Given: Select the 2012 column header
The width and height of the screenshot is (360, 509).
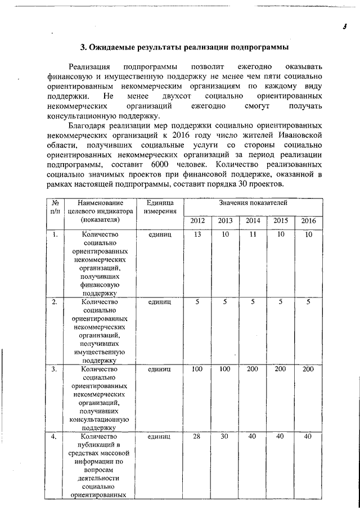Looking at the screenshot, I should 197,220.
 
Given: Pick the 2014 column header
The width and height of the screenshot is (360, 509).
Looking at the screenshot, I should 253,220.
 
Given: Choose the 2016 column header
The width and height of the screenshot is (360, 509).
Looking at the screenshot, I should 308,220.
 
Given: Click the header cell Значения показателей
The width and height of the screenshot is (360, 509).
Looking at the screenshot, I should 253,201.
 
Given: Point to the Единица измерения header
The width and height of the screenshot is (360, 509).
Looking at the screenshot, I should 160,206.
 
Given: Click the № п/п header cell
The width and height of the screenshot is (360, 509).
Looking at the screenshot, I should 56,206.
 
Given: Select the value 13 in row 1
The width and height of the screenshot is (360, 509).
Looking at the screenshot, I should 197,234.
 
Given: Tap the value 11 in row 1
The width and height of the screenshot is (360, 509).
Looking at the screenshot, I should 253,234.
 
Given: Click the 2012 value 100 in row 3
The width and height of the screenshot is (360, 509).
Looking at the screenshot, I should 197,369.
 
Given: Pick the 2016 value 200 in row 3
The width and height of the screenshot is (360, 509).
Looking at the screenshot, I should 308,369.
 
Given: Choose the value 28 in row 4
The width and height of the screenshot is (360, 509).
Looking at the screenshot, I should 197,436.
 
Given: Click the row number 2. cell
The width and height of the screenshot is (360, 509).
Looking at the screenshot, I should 55,302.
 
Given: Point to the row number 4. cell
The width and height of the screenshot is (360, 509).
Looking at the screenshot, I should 55,437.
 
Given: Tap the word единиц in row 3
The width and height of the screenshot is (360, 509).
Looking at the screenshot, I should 160,370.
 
